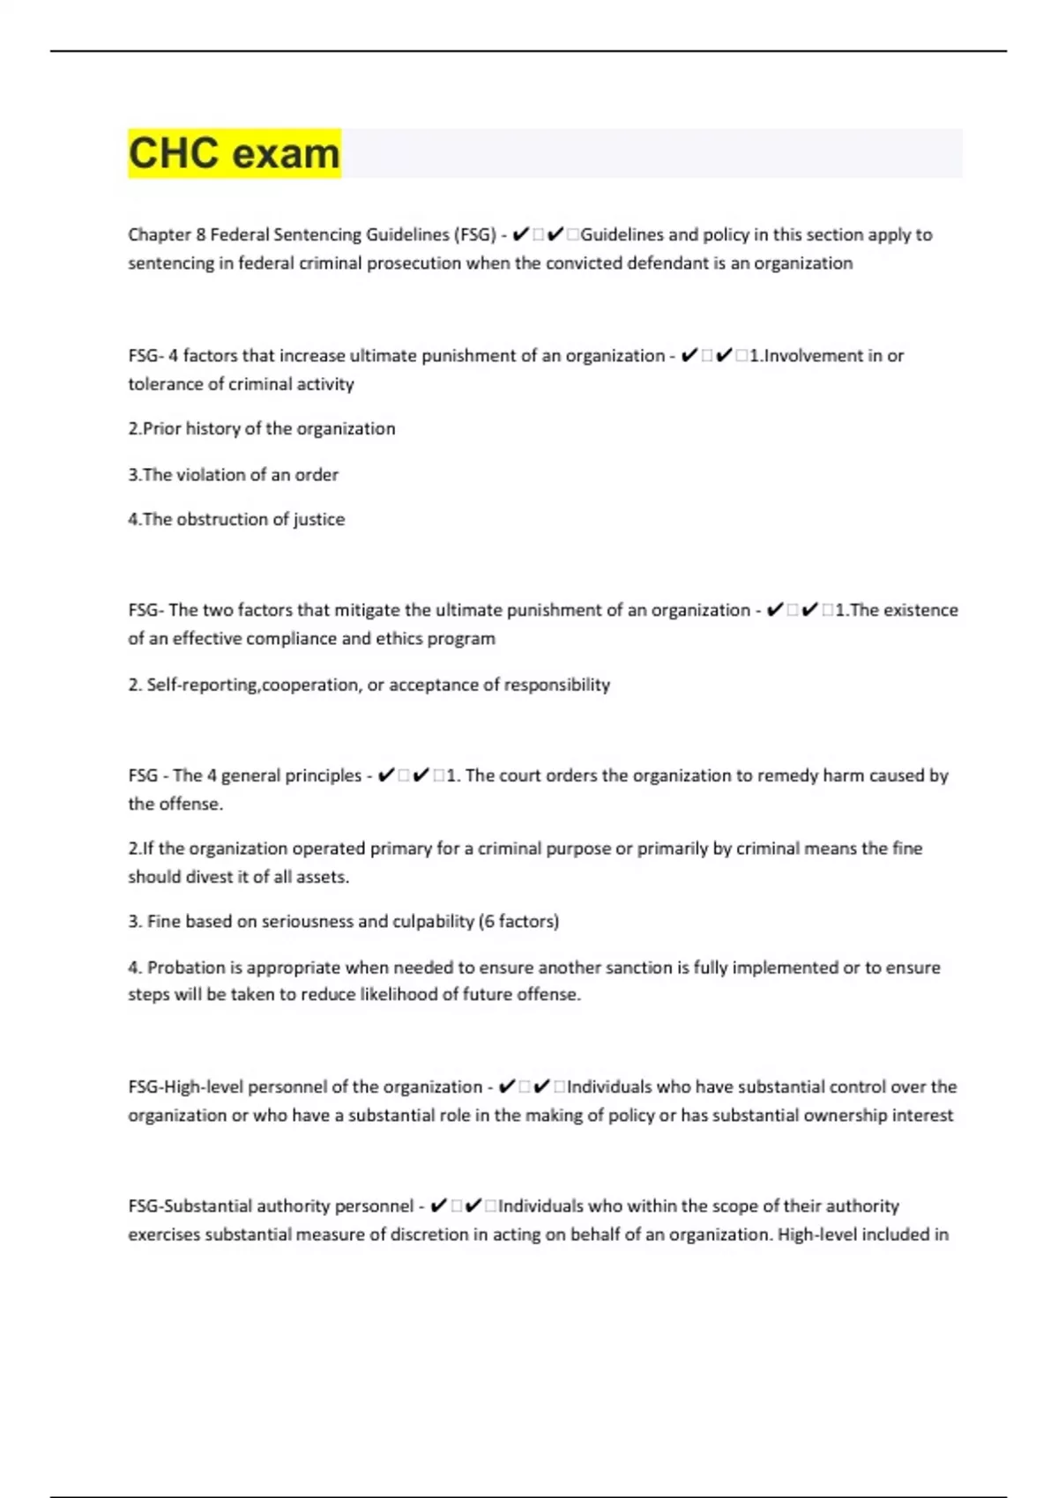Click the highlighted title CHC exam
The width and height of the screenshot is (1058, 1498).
[x=234, y=153]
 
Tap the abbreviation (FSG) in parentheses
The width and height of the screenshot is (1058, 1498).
[x=474, y=235]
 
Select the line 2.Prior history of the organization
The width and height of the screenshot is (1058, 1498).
[x=262, y=429]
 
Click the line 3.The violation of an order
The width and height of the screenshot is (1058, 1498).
[x=233, y=475]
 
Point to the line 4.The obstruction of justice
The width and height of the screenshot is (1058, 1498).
[x=236, y=520]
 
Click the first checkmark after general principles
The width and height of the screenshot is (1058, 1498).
[x=385, y=776]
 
